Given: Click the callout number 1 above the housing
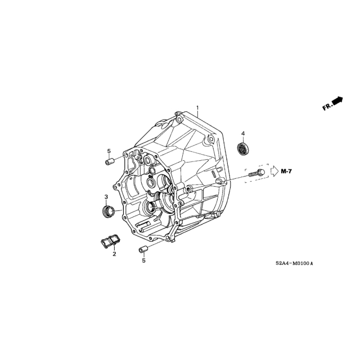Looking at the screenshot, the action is point(197,107).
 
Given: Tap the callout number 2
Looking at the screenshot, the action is point(114,254).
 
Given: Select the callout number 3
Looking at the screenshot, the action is point(106,196).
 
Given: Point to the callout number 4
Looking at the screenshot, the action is point(243,133).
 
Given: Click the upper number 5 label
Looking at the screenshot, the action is point(110,151).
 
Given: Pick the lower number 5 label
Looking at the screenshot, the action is point(143,260).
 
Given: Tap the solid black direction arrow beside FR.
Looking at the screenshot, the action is point(337,100).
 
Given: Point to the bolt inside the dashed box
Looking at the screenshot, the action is point(256,173).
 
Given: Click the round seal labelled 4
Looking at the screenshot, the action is point(243,149).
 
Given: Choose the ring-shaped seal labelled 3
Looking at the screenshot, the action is point(107,211).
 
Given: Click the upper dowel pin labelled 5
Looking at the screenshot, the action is point(110,162).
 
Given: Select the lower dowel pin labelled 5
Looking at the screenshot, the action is point(143,249).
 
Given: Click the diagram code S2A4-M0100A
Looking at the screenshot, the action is point(294,263).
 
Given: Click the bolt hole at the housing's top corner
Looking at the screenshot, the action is point(178,119).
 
